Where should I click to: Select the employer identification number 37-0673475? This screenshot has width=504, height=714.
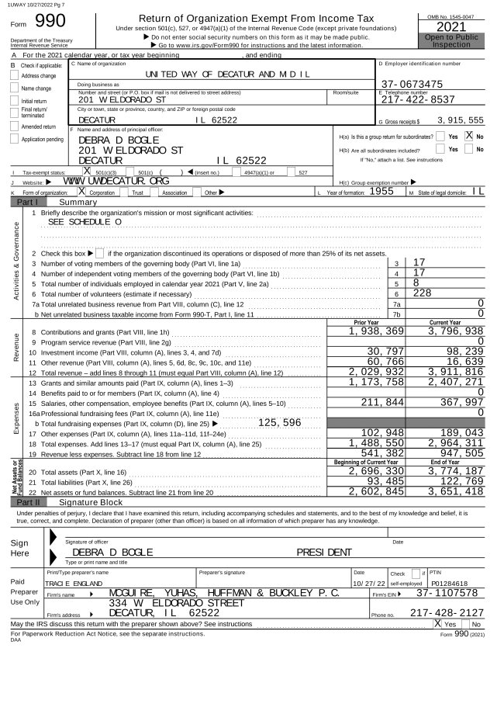414,83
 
